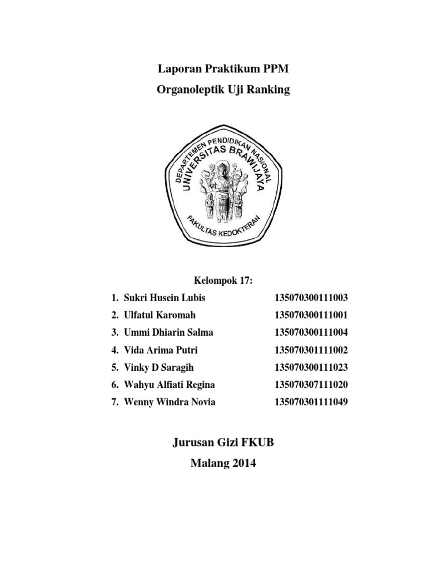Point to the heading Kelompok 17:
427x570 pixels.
[222, 281]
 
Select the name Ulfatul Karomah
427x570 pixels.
[158, 315]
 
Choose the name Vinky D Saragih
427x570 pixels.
[158, 367]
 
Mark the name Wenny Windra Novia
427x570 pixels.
[168, 402]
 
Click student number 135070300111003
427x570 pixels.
[311, 298]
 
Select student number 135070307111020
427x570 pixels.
[311, 385]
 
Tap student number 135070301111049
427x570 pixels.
[311, 402]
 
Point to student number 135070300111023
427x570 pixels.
[311, 367]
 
